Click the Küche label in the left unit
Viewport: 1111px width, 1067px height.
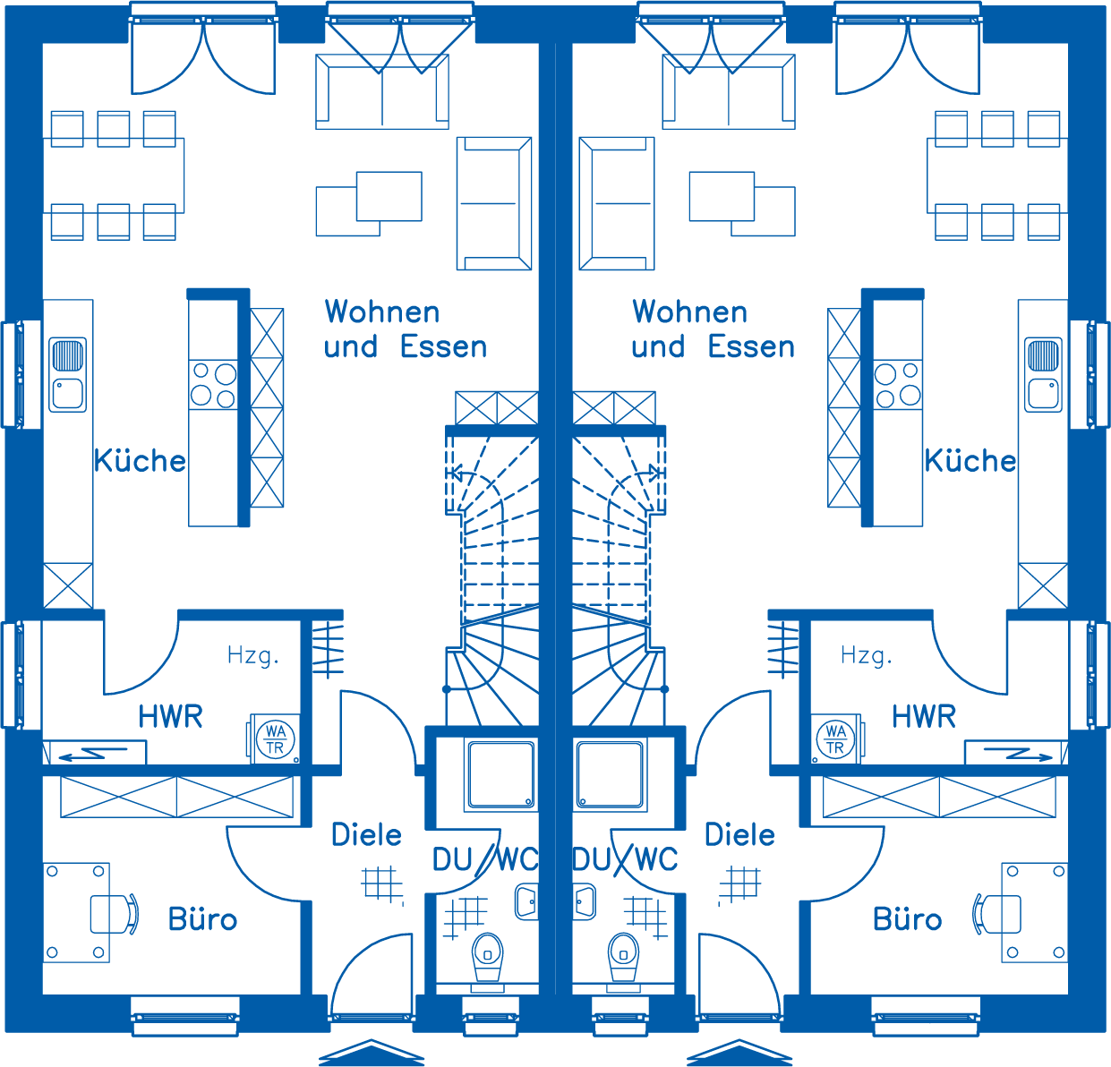140,461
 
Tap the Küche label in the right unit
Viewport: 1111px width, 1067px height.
970,461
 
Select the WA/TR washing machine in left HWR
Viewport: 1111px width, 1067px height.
275,738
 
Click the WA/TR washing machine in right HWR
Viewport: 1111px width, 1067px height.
836,738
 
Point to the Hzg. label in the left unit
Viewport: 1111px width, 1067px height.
253,655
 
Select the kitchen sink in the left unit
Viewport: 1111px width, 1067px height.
67,374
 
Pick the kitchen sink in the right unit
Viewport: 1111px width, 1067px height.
1043,374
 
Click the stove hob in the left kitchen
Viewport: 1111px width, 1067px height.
213,384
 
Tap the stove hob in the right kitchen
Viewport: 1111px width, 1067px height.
897,384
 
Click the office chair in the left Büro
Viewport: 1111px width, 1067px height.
115,914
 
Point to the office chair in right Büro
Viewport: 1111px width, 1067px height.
996,914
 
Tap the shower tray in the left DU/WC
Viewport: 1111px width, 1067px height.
501,774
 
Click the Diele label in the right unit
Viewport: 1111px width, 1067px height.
739,835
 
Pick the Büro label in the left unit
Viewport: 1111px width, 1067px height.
202,919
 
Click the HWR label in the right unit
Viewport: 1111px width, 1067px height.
924,717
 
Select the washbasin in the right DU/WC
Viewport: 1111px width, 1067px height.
584,902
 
